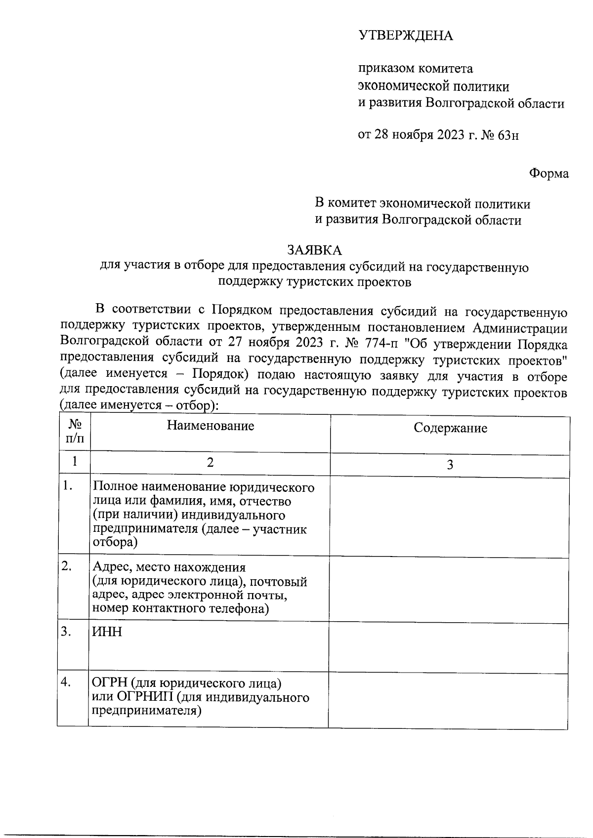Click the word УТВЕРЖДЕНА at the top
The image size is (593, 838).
(x=405, y=36)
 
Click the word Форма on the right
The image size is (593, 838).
(x=549, y=173)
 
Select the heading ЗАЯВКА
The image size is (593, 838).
(x=314, y=250)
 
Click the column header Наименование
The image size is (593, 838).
(x=210, y=426)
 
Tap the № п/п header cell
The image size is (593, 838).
(x=74, y=432)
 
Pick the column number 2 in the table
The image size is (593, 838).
(x=210, y=462)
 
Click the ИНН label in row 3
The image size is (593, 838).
(x=107, y=632)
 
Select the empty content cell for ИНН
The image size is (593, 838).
(x=449, y=646)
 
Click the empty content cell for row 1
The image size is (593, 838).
(x=449, y=517)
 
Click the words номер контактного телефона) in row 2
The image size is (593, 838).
(x=181, y=608)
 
